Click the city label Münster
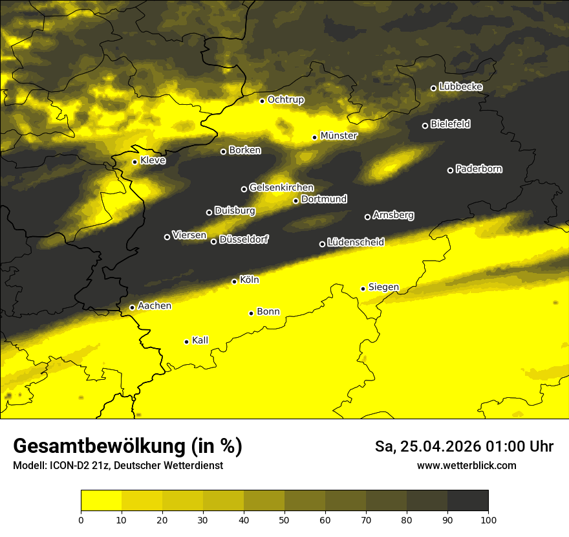tap(339, 136)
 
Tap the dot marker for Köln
tap(234, 281)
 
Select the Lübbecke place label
tap(460, 87)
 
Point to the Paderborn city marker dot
tap(450, 170)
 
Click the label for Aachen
tap(155, 306)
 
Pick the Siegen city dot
tap(363, 289)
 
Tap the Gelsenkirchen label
tap(281, 188)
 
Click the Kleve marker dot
tap(134, 162)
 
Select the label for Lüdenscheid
tap(356, 243)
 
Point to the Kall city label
tap(200, 340)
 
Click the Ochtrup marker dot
tap(262, 101)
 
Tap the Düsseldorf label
tap(244, 239)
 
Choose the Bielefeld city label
tap(450, 124)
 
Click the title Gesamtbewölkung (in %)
tap(127, 446)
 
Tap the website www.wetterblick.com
tap(466, 465)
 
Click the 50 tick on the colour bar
tap(284, 519)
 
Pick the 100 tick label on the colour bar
tap(488, 519)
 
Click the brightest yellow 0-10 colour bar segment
tap(101, 501)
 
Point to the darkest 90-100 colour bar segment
tap(467, 501)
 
